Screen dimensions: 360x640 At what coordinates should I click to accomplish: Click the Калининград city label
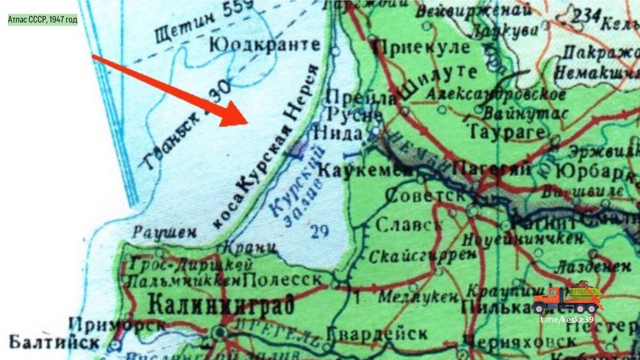click(221, 306)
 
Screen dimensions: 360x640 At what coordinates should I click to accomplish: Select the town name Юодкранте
click(265, 46)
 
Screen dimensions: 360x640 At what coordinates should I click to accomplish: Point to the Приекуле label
click(423, 48)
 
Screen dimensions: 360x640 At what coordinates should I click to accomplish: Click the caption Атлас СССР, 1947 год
click(43, 20)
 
